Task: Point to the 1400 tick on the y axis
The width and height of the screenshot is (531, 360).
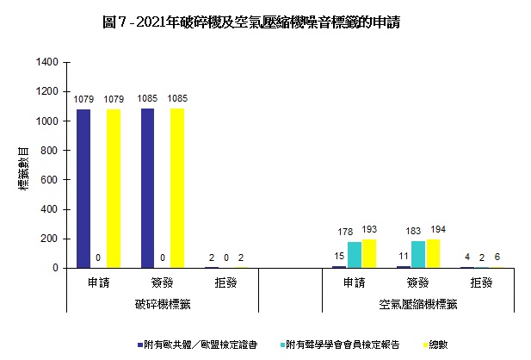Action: click(x=46, y=63)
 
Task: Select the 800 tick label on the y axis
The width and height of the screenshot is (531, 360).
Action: click(x=50, y=151)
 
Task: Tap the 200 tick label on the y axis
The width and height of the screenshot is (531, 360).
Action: click(x=50, y=239)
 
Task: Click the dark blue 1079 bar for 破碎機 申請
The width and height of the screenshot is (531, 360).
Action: click(x=83, y=189)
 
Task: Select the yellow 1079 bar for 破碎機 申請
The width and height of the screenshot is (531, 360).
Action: click(x=113, y=189)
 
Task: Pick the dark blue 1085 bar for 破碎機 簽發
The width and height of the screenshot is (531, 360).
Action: click(x=147, y=188)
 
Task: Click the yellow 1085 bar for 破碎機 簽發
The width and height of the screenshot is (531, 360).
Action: click(x=177, y=188)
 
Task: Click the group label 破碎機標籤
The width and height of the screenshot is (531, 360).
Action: click(x=163, y=304)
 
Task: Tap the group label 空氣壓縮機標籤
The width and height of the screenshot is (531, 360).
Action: click(x=418, y=304)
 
